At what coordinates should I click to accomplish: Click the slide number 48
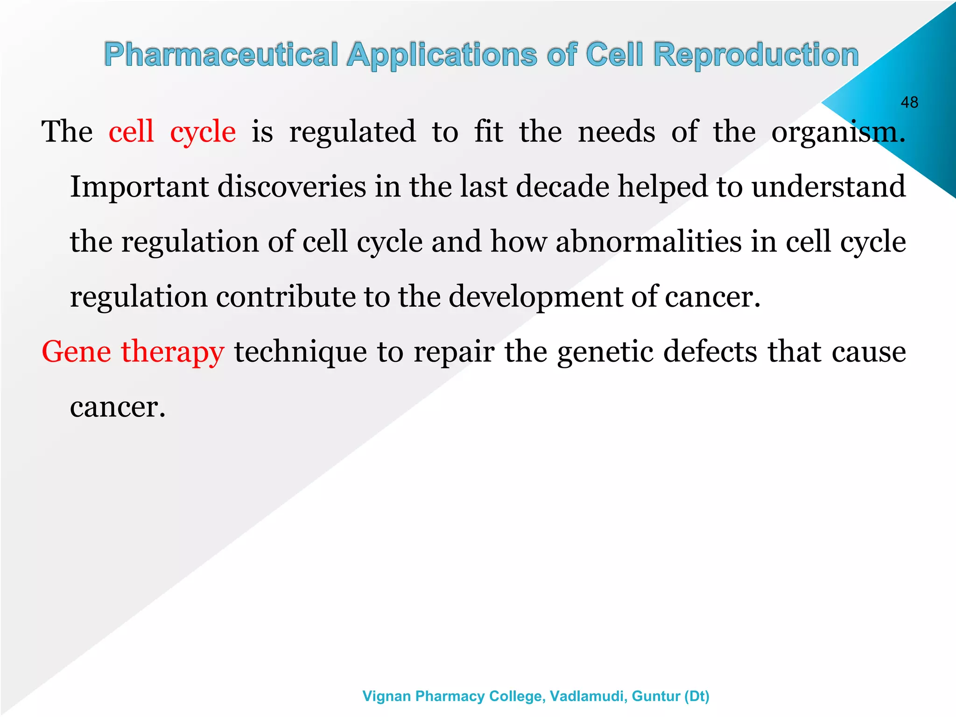coord(909,102)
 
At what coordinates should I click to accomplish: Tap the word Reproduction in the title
coord(756,55)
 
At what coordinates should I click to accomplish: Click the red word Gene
coord(76,351)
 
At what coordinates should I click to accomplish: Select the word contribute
coord(286,297)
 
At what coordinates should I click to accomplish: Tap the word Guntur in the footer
coord(655,696)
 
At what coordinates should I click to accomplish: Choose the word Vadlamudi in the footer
coord(588,696)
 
